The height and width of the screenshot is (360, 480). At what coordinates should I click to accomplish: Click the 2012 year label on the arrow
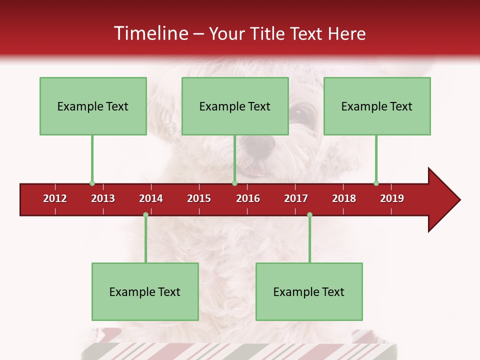55,198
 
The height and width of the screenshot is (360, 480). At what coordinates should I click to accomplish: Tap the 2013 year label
103,198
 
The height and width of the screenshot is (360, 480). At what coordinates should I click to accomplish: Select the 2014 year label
151,198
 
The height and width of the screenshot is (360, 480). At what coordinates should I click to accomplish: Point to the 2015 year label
199,198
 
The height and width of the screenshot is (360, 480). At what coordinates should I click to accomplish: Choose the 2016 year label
248,198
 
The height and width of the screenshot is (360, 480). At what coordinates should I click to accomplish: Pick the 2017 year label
296,198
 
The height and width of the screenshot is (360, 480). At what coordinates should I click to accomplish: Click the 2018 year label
344,198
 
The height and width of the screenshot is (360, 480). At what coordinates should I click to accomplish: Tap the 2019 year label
392,198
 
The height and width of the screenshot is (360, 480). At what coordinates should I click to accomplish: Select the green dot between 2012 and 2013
92,183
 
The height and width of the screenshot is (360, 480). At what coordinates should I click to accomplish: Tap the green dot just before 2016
234,183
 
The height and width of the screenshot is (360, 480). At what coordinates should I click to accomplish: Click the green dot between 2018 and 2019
376,183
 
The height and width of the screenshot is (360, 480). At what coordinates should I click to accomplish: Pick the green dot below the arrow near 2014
145,215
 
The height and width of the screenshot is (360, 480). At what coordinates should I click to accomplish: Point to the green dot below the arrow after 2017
309,215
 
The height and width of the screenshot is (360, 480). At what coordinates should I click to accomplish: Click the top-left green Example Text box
93,106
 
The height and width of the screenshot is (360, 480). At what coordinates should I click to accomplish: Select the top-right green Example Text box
377,106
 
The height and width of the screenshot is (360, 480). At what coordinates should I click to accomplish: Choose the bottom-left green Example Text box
145,291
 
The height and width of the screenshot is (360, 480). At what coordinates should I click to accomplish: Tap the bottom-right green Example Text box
309,291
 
